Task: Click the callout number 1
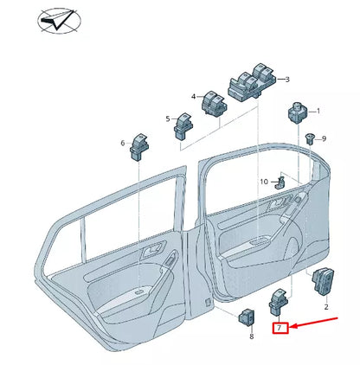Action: pos(317,111)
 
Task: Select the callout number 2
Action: pos(326,307)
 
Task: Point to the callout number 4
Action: pos(194,97)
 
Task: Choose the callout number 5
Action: pos(168,118)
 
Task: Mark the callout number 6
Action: pos(123,143)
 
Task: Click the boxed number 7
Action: pos(279,329)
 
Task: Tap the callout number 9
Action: pos(324,138)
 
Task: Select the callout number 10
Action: pos(264,181)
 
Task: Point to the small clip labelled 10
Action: pos(280,182)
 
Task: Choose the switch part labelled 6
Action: pos(140,150)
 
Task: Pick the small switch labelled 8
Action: pos(247,317)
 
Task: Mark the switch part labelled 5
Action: pos(184,127)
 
